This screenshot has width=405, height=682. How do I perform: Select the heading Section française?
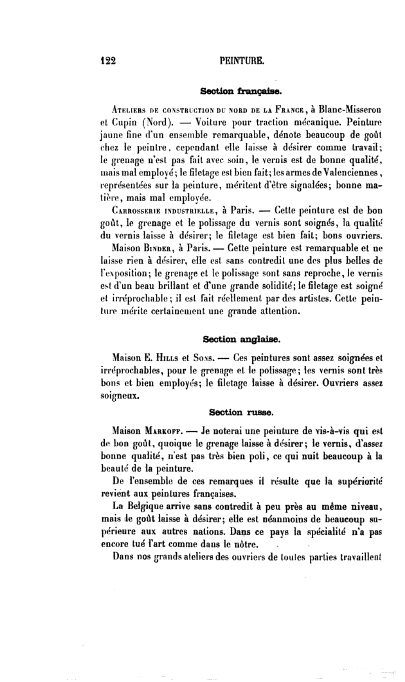241,91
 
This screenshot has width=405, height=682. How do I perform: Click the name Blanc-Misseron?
352,109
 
